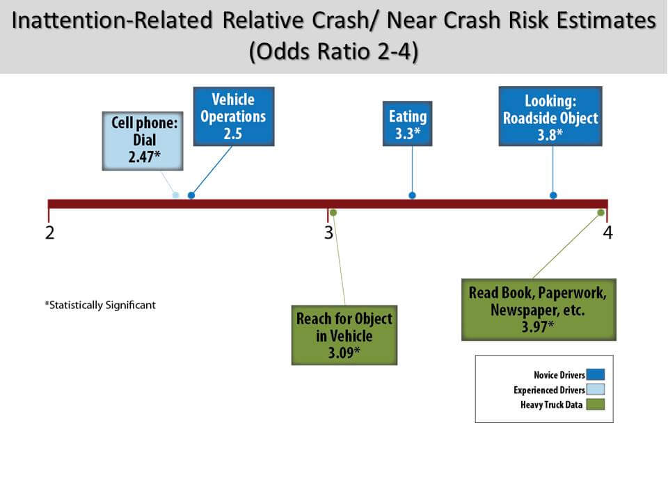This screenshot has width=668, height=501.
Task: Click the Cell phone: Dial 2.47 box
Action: [143, 141]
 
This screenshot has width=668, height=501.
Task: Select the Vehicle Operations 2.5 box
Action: [234, 116]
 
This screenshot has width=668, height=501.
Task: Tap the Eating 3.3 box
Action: [407, 124]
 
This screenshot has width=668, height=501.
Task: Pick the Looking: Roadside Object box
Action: [550, 116]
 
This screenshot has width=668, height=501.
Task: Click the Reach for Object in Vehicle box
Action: [344, 335]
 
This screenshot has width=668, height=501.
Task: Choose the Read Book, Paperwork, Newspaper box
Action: [539, 310]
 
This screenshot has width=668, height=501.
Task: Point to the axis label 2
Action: [50, 232]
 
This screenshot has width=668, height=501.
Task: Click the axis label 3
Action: [328, 232]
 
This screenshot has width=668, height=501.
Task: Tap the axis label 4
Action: [608, 232]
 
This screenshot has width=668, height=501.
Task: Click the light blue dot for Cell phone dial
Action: [175, 195]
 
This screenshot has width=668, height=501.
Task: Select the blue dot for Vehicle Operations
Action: [191, 195]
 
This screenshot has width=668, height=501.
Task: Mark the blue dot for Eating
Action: [412, 195]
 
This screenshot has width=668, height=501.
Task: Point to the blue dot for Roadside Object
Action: [553, 195]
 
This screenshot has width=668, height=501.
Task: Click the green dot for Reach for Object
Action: [333, 212]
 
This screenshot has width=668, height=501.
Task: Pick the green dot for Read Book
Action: [601, 212]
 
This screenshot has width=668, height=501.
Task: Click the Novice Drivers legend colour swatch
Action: [595, 374]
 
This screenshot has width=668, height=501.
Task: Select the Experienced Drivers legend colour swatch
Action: [595, 390]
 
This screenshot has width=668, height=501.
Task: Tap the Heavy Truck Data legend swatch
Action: [595, 404]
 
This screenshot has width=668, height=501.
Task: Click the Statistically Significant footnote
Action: [100, 305]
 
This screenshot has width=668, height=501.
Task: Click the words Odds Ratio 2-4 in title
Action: [333, 51]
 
